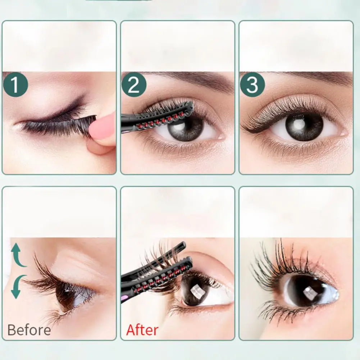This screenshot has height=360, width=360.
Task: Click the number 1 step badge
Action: pyautogui.click(x=15, y=85)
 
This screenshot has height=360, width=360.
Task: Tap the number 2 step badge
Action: pyautogui.click(x=134, y=85)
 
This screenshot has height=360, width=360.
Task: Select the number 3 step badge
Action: pyautogui.click(x=252, y=85)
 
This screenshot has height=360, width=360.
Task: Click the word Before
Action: pyautogui.click(x=29, y=330)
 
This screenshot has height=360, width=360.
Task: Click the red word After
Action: pyautogui.click(x=142, y=330)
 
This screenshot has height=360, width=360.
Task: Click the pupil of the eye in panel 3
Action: pyautogui.click(x=304, y=127)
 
